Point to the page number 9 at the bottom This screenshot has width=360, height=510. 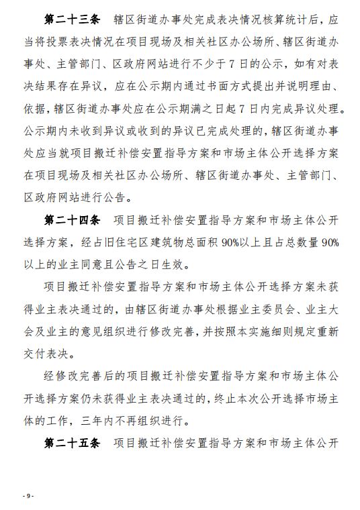point(28,495)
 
